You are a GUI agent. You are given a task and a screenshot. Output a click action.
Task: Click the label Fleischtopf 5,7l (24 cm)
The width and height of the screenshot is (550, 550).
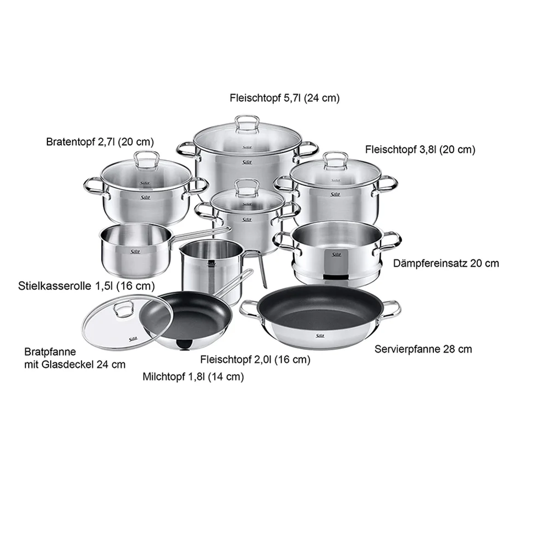tap(284, 98)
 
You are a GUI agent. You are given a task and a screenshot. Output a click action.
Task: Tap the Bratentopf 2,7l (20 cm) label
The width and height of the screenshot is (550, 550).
tap(100, 142)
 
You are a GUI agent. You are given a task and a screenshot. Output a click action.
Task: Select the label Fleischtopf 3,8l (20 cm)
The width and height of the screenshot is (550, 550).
tap(420, 150)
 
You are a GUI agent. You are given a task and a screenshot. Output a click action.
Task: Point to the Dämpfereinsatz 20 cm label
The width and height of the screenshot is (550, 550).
tap(446, 263)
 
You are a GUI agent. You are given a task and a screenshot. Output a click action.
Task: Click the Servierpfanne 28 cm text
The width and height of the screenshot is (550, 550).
tap(423, 349)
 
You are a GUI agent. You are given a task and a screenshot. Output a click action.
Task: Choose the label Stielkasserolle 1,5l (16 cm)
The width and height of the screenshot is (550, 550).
tap(86, 286)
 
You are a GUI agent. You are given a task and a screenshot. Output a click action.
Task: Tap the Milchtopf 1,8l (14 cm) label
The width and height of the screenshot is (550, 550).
tap(193, 377)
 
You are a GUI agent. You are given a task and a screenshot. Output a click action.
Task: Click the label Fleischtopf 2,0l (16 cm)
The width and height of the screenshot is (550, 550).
tap(255, 360)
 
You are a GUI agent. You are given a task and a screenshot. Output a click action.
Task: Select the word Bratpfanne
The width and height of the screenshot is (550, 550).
tap(50, 351)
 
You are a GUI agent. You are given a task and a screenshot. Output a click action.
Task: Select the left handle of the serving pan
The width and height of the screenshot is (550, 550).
tap(249, 309)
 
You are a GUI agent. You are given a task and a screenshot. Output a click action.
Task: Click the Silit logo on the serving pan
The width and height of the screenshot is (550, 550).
tap(320, 336)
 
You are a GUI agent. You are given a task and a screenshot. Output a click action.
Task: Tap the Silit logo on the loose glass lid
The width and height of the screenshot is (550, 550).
tap(134, 339)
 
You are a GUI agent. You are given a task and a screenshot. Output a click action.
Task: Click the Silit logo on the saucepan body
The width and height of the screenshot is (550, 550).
tap(135, 251)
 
